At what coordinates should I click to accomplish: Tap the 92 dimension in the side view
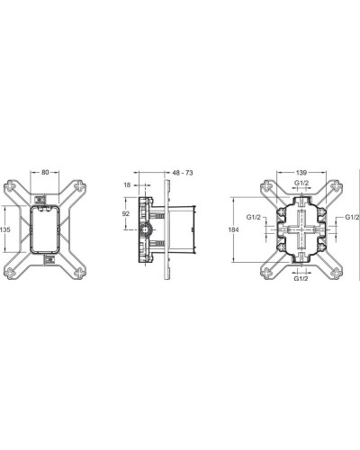(x=126, y=215)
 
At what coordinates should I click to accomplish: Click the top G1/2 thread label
(x=303, y=184)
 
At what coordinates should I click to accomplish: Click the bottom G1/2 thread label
(x=303, y=280)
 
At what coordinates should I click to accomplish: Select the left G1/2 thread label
(x=255, y=219)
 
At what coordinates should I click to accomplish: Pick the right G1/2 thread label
(x=351, y=219)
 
